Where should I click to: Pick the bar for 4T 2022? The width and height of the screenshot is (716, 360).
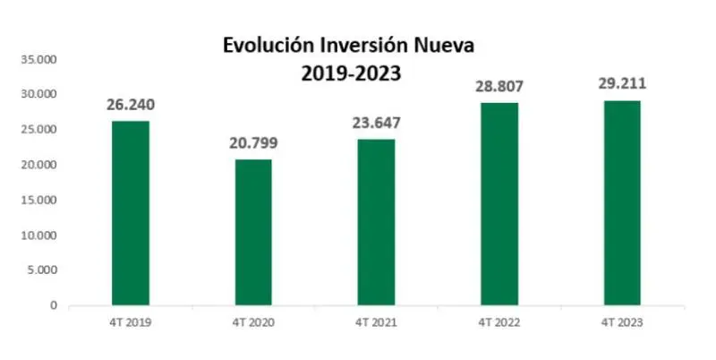point(499,204)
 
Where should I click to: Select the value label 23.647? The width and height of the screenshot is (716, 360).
point(377,121)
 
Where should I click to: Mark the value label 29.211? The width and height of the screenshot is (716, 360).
point(622,84)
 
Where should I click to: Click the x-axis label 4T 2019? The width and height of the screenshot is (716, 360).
point(131,322)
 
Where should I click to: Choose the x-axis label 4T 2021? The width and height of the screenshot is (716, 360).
point(377,322)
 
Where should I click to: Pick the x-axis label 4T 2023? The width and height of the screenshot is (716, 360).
point(622,322)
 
